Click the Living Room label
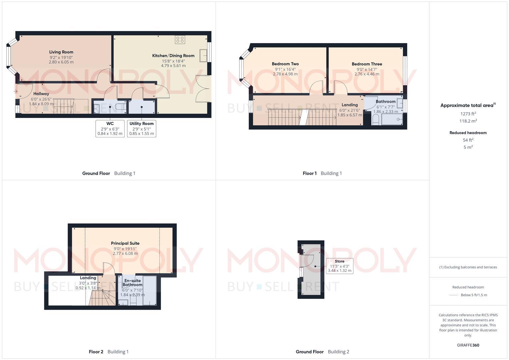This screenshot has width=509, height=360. pos(61,52)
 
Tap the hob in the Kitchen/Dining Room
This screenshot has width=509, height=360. pos(180,40)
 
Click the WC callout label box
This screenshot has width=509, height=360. pos(110,129)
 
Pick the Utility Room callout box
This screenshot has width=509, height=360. pos(142,129)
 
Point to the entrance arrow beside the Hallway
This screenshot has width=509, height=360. pos(15,91)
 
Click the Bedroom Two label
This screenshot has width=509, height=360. pos(285,64)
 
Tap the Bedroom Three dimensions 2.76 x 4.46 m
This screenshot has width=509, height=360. pos(367,74)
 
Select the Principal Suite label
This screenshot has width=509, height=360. pos(125,243)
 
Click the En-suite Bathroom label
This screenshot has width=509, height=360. pos(132,283)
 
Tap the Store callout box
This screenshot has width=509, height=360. pos(339,266)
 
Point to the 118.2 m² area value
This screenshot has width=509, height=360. pos(468,121)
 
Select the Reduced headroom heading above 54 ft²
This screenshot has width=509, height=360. pos(468,133)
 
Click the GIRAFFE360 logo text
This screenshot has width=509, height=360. pos(468,345)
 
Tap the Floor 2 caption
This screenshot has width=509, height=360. pos(96,352)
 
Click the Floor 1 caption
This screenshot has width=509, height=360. pos(310,173)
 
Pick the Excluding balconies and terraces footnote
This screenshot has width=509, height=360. pos(468,267)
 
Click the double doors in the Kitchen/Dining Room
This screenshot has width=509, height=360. pos(203,89)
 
